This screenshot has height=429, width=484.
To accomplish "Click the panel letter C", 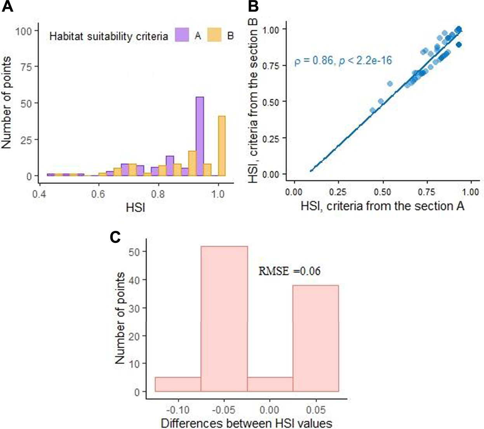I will tap(115, 237).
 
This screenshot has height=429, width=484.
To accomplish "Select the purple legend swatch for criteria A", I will tap(182, 35).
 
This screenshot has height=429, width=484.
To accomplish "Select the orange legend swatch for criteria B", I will tap(214, 35).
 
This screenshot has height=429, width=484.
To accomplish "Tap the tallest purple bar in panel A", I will tap(200, 136).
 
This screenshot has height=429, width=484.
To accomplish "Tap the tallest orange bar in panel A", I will tap(221, 146).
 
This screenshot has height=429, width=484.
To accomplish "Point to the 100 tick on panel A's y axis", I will tap(24, 31).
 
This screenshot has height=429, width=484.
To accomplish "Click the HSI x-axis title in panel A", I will tap(136, 207).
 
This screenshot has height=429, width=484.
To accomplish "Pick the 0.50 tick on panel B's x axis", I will tap(382, 192).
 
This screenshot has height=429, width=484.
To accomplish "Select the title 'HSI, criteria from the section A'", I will tap(382, 206).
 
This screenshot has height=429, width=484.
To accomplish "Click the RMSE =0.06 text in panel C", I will tap(289, 271).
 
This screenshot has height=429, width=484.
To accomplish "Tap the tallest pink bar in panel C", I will tap(224, 319).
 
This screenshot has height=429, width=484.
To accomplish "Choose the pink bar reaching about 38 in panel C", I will tap(315, 338).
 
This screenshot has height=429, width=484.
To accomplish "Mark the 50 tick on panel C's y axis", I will tap(134, 252).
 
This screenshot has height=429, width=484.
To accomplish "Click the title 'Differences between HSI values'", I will tap(246, 423).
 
